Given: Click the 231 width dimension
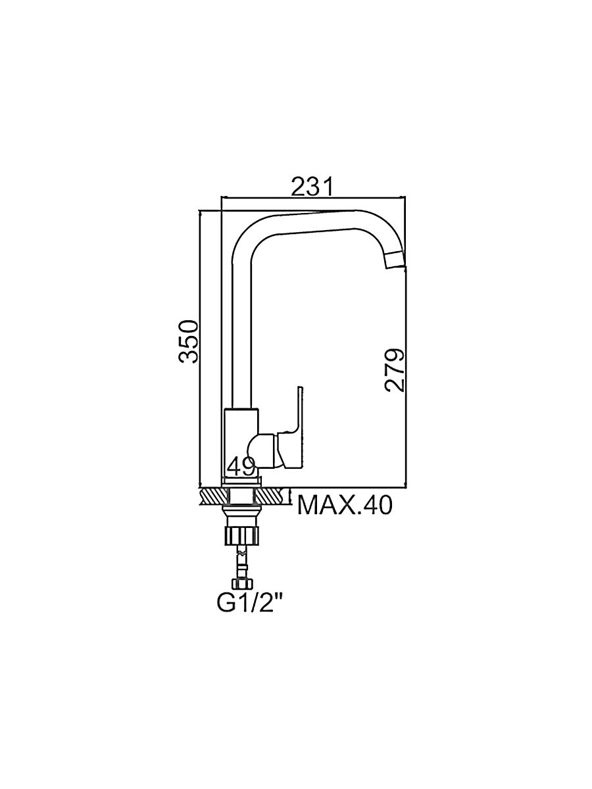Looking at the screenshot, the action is (312, 186).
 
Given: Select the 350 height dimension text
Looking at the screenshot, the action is (189, 341).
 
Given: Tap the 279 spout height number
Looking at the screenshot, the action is (394, 370).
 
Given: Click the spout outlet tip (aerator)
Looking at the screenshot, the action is (395, 260).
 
